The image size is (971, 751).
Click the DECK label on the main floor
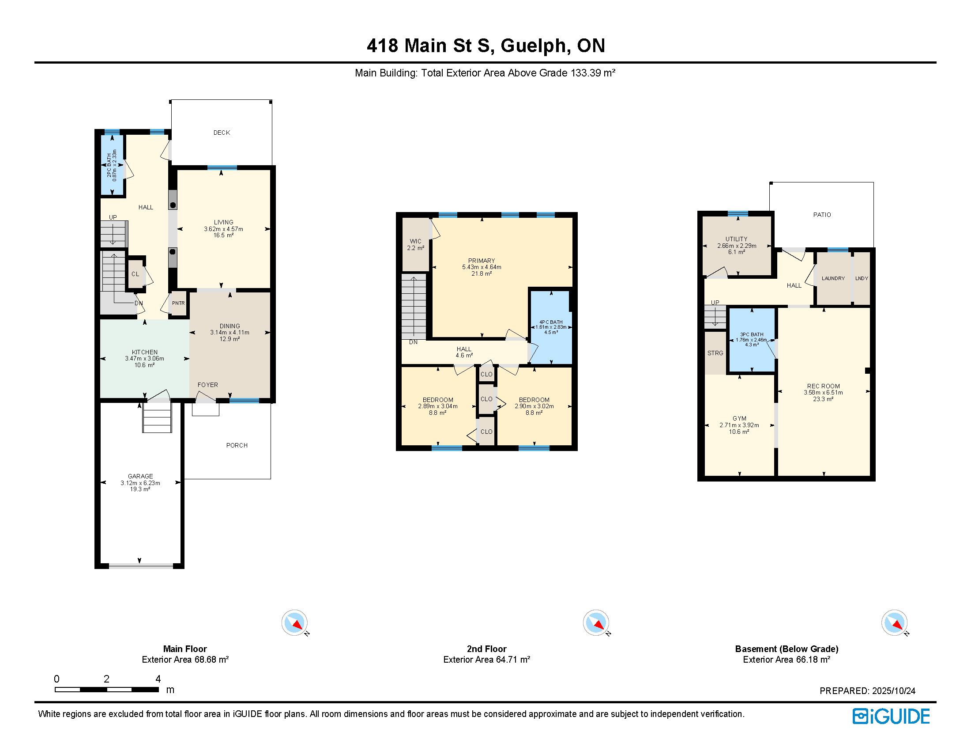[x=222, y=133]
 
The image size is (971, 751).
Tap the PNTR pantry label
[x=178, y=303]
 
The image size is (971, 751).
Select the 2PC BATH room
[x=112, y=165]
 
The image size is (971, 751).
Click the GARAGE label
[x=140, y=476]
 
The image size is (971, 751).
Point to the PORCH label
[x=237, y=445]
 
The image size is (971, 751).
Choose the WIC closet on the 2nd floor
[x=416, y=244]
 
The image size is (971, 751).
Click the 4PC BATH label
[x=551, y=322]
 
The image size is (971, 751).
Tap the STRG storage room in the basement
[x=715, y=353]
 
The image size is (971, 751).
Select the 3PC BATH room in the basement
[x=752, y=339]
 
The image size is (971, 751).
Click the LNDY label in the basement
[x=862, y=278]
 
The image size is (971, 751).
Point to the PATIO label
[x=822, y=215]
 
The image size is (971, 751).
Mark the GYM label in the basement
[x=739, y=419]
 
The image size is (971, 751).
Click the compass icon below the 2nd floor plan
[x=596, y=623]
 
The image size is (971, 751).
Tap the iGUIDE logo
[x=891, y=716]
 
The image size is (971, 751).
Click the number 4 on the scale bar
[x=158, y=679]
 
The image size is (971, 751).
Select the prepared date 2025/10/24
[x=894, y=691]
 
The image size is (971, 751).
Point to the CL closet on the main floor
[x=135, y=274]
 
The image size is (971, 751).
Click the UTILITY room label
[x=737, y=239]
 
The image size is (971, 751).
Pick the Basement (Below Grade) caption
[x=787, y=649]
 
